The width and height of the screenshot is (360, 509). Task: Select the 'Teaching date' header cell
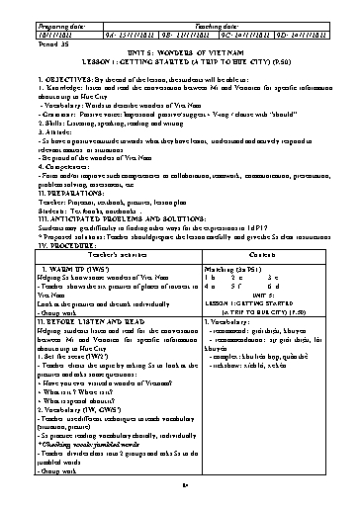pos(211,18)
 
